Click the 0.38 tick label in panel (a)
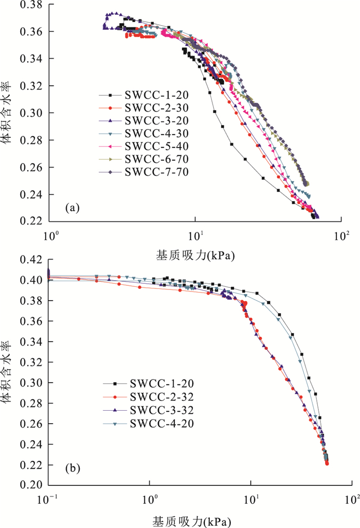pos(31,5)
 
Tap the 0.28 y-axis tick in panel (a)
pos(31,140)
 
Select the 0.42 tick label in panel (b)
pos(31,260)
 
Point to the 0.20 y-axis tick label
pos(31,485)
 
